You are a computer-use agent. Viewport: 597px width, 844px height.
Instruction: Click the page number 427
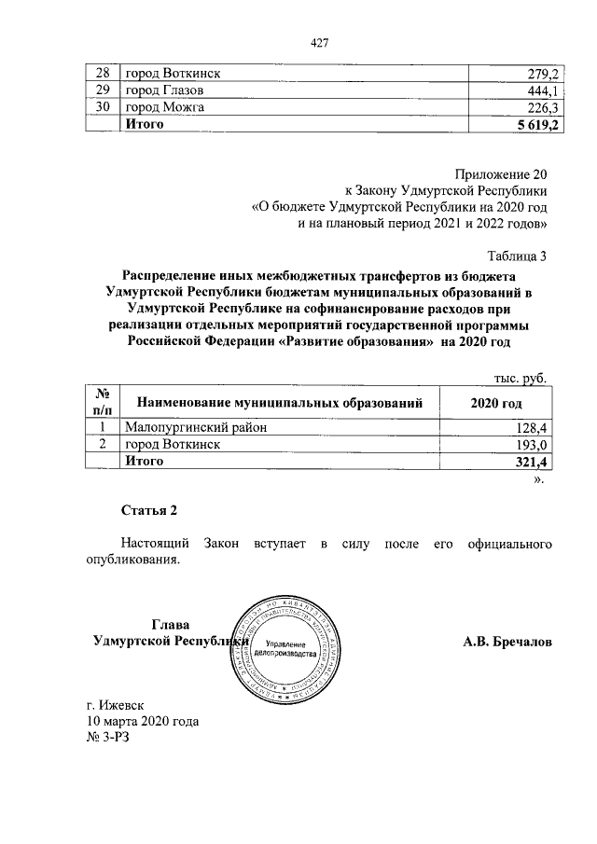point(321,43)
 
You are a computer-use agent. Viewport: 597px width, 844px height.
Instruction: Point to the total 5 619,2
point(535,125)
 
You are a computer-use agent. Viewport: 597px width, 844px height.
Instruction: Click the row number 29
point(103,90)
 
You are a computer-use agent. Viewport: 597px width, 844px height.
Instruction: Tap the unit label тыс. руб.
point(519,379)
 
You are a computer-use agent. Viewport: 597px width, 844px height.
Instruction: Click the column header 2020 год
point(497,402)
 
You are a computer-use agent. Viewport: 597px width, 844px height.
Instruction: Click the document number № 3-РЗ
point(110,738)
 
